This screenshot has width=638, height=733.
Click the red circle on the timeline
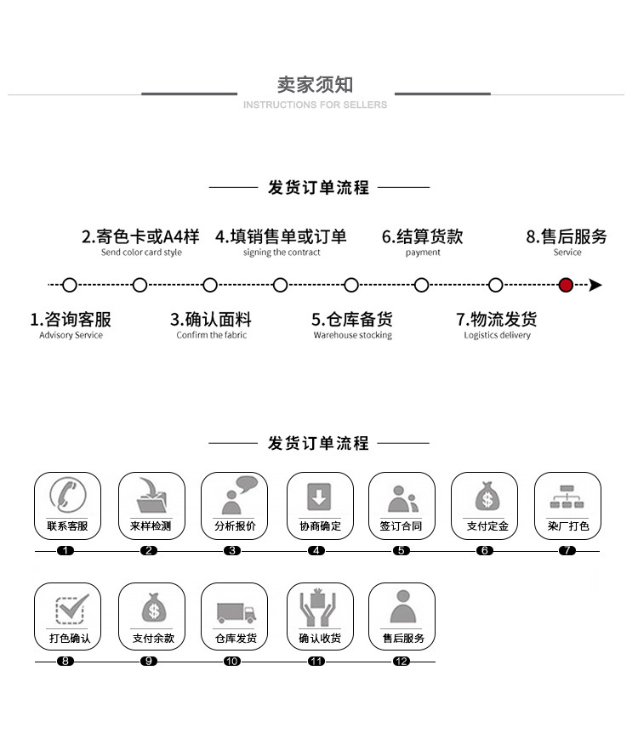click(566, 285)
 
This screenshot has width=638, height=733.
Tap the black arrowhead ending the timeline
click(595, 285)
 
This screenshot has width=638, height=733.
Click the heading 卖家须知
click(315, 84)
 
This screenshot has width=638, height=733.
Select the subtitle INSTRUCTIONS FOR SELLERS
click(315, 105)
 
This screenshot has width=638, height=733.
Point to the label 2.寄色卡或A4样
click(140, 236)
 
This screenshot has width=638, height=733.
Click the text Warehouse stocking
click(352, 336)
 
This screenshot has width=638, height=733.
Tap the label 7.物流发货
click(497, 320)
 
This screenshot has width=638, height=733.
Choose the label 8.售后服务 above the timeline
click(567, 236)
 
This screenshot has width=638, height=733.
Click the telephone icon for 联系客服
click(67, 495)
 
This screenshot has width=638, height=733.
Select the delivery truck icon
click(235, 611)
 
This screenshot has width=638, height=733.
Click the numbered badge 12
click(402, 662)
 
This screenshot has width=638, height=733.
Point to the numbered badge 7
click(567, 551)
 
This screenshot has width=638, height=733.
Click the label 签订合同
click(401, 526)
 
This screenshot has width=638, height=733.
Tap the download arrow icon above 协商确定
click(318, 496)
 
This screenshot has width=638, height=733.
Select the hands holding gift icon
click(318, 607)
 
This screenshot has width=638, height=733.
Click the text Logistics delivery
click(497, 336)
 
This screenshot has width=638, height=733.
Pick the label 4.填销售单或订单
click(281, 236)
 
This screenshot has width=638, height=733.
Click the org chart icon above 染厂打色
click(567, 497)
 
